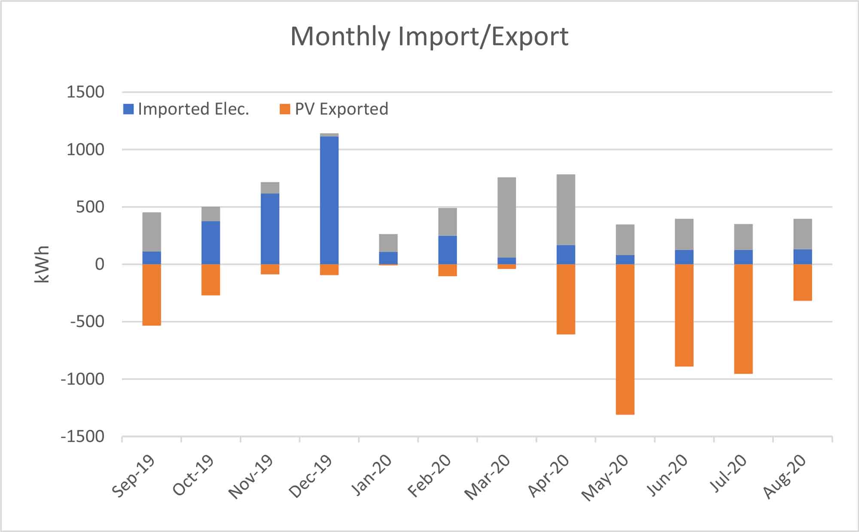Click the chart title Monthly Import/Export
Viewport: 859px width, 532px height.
429,36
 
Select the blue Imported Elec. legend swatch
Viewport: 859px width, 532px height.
128,109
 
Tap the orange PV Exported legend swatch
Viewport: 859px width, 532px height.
285,109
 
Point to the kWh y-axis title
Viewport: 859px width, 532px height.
42,264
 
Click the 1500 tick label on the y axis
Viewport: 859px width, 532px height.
85,92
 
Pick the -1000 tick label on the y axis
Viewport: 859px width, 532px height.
83,379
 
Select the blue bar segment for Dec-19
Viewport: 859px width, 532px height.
329,200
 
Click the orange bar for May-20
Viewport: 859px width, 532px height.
625,339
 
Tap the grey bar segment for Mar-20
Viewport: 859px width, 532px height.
507,217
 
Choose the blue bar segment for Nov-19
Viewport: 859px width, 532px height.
270,229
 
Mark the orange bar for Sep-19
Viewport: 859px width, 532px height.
152,295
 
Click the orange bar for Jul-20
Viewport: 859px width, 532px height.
743,319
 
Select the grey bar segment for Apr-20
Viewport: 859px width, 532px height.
566,210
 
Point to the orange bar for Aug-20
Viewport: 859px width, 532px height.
802,282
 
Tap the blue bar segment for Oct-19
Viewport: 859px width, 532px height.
211,243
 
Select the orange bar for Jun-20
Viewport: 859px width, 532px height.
684,315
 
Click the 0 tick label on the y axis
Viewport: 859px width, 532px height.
100,264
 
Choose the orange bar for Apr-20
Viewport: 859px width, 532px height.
566,299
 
